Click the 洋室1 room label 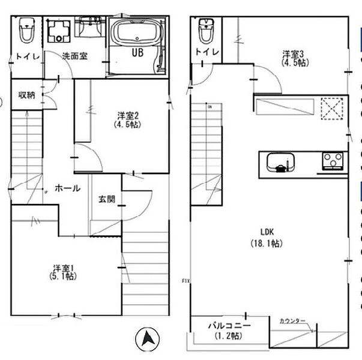coord(63,268)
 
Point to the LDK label coord(267,232)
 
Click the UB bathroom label coord(137,52)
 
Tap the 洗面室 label coord(75,56)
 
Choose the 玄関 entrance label coord(107,199)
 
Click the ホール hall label coord(67,188)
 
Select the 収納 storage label coord(26,94)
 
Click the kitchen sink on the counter coord(280,163)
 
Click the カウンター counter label coord(292,321)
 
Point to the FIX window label coord(186,281)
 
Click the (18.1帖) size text coord(267,243)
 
